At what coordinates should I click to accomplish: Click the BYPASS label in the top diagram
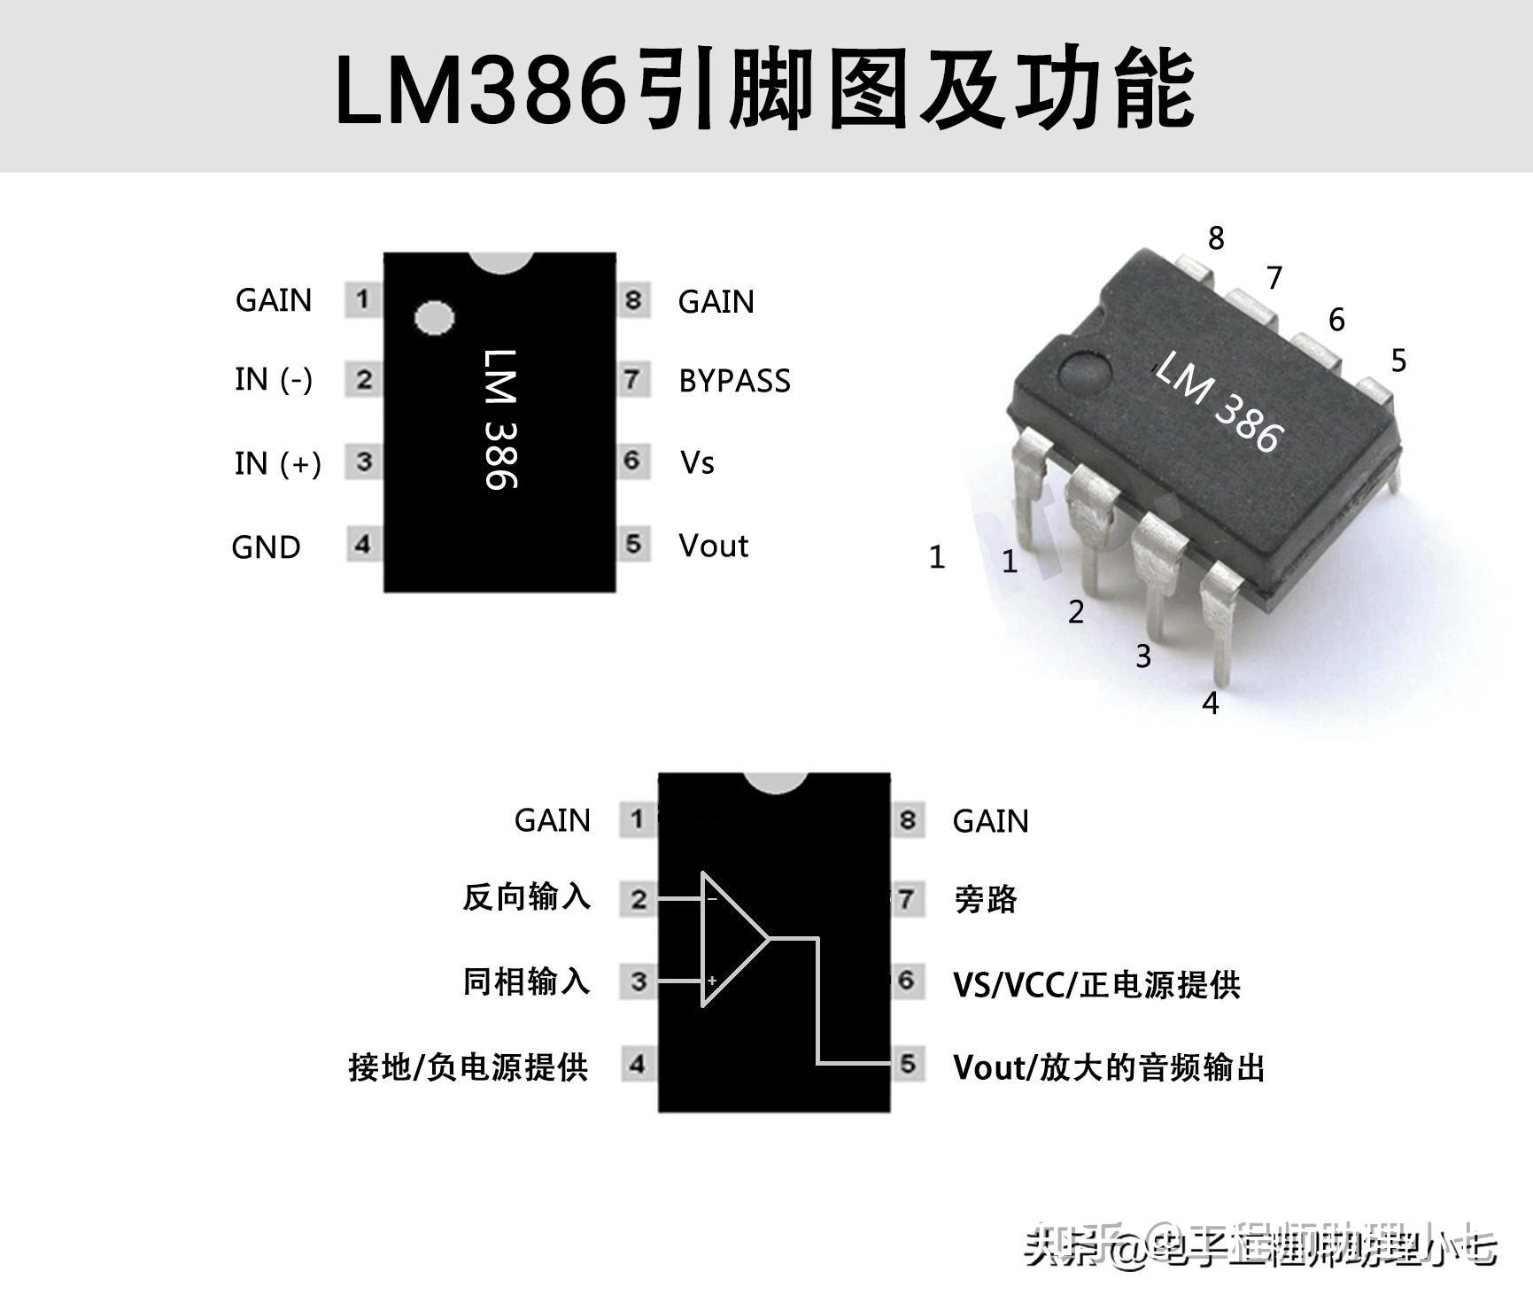pos(734,381)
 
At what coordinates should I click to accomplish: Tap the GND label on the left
pos(266,547)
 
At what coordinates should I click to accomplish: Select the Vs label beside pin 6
pos(697,462)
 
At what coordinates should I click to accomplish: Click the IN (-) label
pos(274,379)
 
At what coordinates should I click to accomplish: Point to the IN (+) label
pos(277,463)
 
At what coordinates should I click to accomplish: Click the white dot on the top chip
pos(434,318)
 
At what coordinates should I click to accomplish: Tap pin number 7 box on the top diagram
pos(631,380)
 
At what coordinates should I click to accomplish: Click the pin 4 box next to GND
pos(362,544)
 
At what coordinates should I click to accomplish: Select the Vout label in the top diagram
pos(713,546)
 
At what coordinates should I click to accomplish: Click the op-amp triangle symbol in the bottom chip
pos(732,939)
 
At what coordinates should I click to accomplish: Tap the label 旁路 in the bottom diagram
pos(986,900)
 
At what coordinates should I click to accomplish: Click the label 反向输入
pos(526,897)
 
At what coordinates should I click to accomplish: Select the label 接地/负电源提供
pos(468,1066)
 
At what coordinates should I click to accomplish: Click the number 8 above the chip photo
pos(1216,237)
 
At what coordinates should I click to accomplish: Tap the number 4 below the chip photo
pos(1211,703)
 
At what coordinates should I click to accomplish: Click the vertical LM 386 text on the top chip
pos(501,418)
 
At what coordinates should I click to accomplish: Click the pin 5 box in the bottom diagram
pos(908,1064)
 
